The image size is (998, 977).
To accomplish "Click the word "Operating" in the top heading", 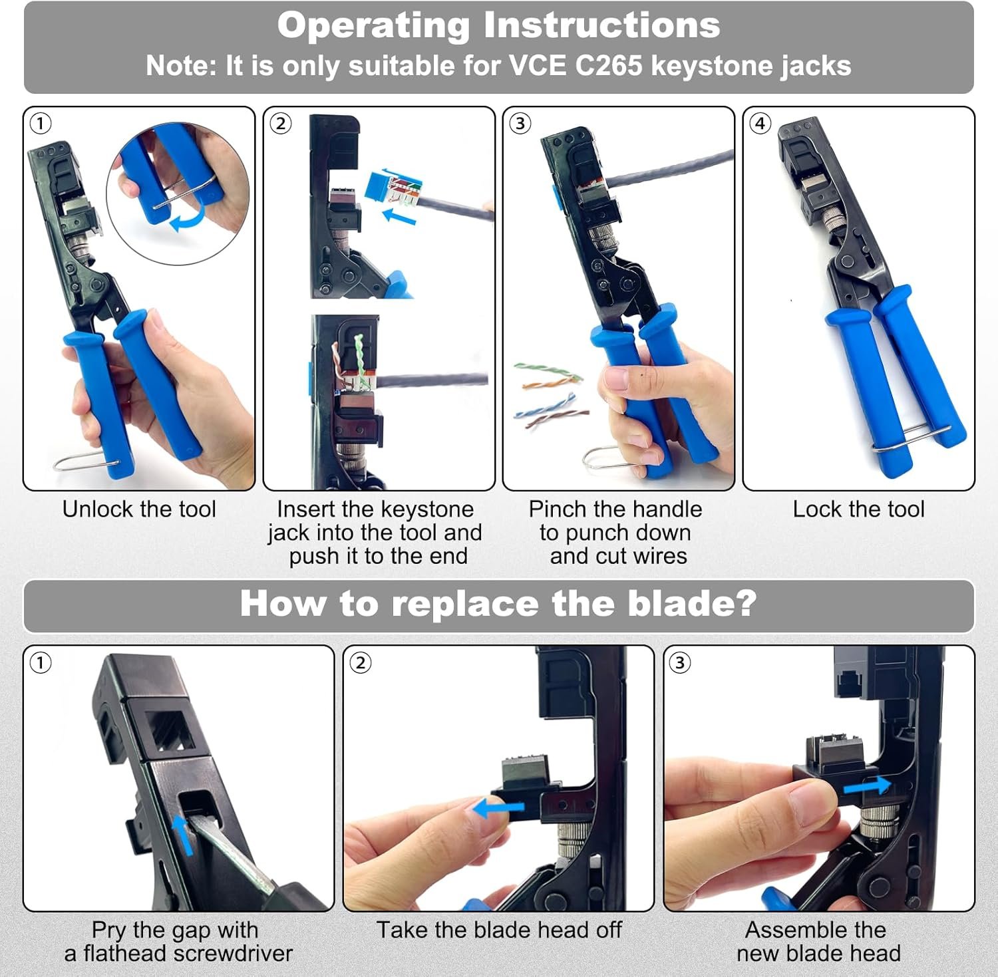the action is click(374, 27).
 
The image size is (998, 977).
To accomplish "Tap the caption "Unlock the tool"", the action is click(139, 509).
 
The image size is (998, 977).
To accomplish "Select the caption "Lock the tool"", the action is click(858, 509).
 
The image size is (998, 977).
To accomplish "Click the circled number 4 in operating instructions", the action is click(760, 123).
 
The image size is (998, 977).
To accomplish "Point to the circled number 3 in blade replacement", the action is click(679, 662).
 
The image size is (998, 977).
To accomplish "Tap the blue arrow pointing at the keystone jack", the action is click(399, 216).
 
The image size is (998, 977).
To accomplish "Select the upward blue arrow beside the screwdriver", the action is click(182, 835).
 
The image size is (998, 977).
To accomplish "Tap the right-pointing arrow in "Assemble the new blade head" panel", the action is click(867, 786).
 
